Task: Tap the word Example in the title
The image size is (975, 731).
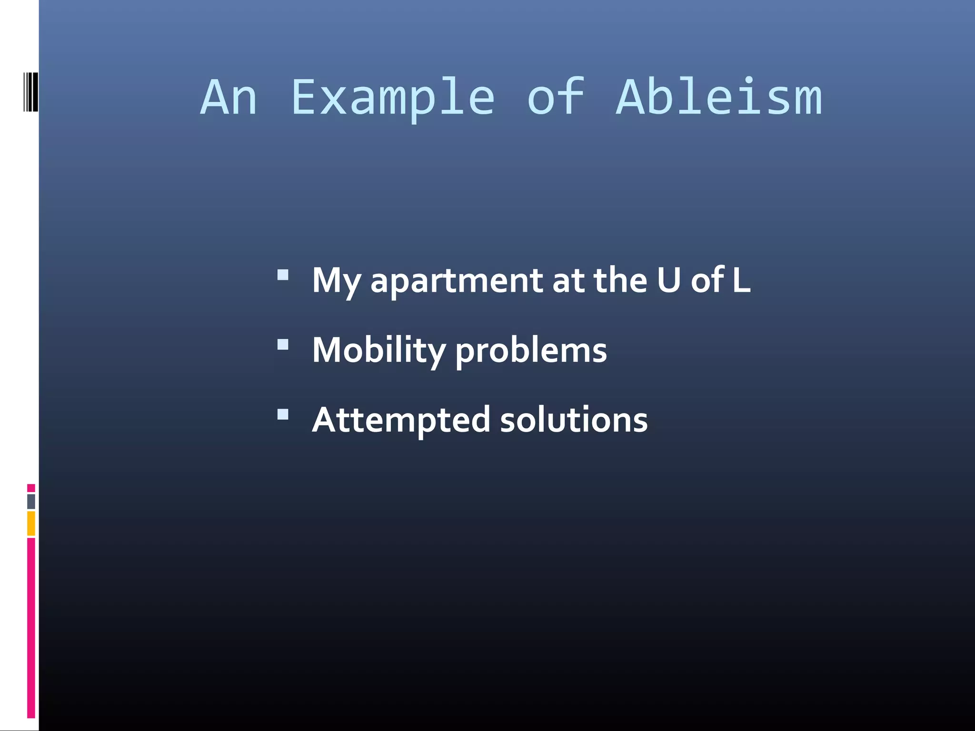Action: click(x=393, y=99)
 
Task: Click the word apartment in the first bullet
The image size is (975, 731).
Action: click(x=457, y=281)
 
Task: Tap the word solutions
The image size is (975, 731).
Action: click(x=574, y=420)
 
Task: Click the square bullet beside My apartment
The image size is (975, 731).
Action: click(x=283, y=275)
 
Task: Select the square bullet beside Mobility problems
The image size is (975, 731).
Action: click(x=283, y=344)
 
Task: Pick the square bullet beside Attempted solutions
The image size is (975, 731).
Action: click(x=283, y=414)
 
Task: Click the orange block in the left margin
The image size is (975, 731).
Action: click(x=31, y=523)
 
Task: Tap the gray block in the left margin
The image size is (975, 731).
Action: click(x=31, y=502)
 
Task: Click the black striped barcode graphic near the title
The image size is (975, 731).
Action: click(x=31, y=92)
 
